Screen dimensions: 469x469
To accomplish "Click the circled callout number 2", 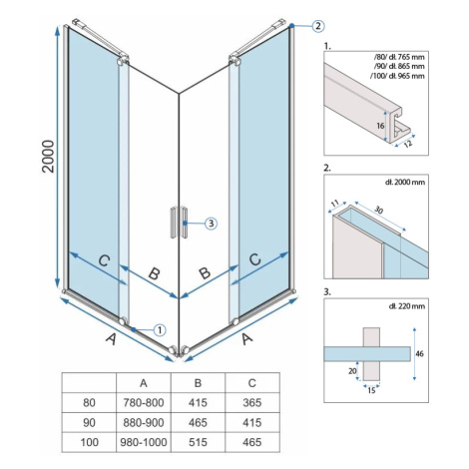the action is [318, 25].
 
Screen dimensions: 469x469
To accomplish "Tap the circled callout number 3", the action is [211, 224].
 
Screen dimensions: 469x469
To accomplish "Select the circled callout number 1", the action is [160, 330].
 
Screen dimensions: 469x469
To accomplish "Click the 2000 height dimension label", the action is [48, 156].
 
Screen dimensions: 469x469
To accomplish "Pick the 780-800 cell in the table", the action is [144, 403].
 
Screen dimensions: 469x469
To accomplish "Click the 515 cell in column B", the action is [198, 442].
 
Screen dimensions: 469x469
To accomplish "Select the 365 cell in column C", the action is [252, 403].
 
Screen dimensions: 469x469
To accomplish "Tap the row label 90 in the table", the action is [89, 422].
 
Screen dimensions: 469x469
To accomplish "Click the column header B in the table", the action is [198, 383].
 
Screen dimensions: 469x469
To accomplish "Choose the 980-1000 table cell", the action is [144, 442].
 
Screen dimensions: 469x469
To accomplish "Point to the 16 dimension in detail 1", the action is [380, 126].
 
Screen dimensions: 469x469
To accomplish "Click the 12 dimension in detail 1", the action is [408, 144].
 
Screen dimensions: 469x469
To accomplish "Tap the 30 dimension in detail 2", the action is [378, 210].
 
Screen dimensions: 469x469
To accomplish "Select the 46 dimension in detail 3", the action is [419, 353].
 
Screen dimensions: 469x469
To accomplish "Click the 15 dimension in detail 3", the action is [371, 390].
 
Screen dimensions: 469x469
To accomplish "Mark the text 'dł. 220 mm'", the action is [406, 305].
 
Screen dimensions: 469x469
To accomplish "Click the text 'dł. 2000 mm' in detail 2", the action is [405, 182].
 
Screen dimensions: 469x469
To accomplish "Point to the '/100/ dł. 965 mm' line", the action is [397, 76].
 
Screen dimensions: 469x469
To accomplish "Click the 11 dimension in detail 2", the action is [335, 203].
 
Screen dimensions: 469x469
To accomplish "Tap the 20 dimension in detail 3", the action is [352, 371].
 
